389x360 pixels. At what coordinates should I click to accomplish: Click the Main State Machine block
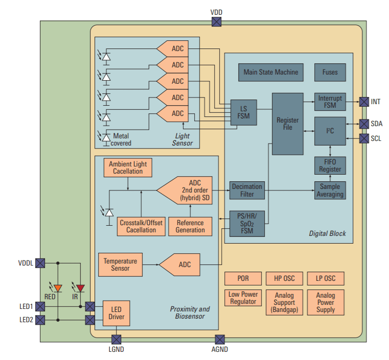click(270, 72)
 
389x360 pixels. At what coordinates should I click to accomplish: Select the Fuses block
click(330, 72)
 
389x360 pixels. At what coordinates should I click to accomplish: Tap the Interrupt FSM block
click(330, 102)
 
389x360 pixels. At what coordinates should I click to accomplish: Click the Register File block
click(287, 124)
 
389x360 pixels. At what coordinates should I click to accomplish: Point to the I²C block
click(330, 131)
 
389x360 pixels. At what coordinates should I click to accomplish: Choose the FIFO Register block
click(330, 165)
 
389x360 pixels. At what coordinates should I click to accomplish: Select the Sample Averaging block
click(330, 190)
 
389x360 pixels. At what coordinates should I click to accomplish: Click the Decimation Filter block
click(247, 190)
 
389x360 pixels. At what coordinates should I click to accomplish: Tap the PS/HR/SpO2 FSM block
click(247, 223)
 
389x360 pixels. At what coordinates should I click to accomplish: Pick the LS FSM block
click(243, 112)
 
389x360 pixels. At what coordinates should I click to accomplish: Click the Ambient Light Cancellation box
click(128, 167)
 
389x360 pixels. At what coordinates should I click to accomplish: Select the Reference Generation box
click(190, 226)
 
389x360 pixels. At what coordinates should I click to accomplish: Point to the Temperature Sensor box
click(120, 265)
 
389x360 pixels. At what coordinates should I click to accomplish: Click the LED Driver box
click(117, 313)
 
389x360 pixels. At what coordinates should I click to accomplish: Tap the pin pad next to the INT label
click(363, 102)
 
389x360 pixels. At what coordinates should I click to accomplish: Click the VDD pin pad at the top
click(216, 21)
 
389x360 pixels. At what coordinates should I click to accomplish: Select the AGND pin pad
click(220, 340)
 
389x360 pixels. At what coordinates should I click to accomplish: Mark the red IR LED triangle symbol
click(81, 289)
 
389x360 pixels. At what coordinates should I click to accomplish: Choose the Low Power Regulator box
click(243, 298)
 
